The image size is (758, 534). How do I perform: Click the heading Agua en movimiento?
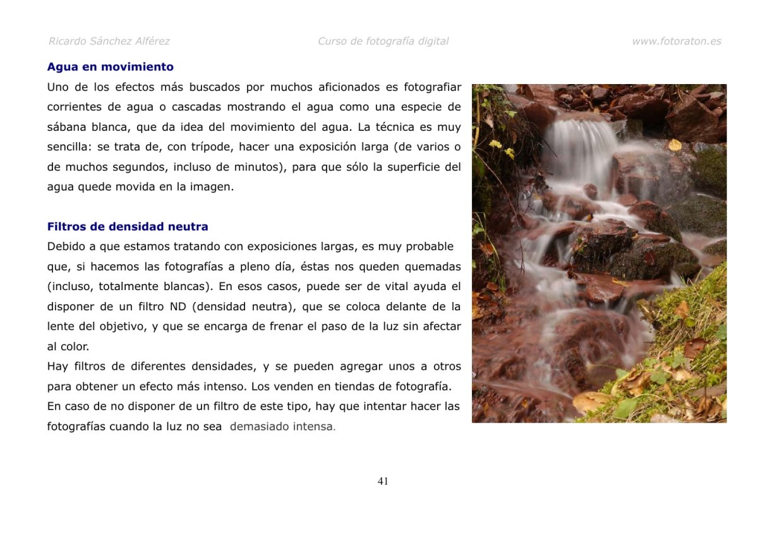pos(110,67)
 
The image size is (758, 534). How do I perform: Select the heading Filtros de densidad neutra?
pos(128,227)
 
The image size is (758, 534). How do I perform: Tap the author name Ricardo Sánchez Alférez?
pos(109,42)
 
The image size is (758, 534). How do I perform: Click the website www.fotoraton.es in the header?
pos(676,42)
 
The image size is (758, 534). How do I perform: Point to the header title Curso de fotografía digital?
pos(383,42)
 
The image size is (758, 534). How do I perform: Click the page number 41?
pos(383,482)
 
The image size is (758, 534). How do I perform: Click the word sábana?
pos(66,127)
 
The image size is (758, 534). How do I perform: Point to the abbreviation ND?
pos(177,307)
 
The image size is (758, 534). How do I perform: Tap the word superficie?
pos(403,167)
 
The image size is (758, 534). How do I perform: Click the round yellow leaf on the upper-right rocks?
pos(675,145)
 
